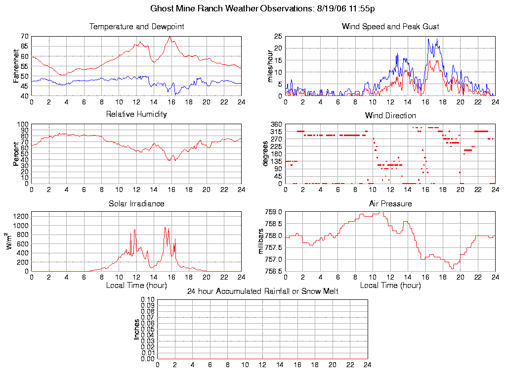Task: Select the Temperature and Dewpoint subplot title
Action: click(136, 27)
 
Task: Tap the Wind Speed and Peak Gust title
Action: click(390, 27)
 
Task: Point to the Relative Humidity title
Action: click(136, 114)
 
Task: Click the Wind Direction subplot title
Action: click(390, 115)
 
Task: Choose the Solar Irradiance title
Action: click(136, 203)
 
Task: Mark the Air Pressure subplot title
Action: click(390, 203)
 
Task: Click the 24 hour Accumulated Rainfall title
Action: click(262, 291)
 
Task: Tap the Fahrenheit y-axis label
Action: click(17, 66)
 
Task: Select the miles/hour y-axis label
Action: click(271, 66)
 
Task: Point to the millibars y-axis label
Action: click(262, 241)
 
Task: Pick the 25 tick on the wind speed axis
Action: click(278, 37)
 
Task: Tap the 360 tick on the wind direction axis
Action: click(276, 124)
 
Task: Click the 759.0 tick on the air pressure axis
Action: click(273, 212)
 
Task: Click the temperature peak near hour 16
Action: click(169, 37)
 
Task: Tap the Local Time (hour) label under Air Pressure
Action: click(390, 285)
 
